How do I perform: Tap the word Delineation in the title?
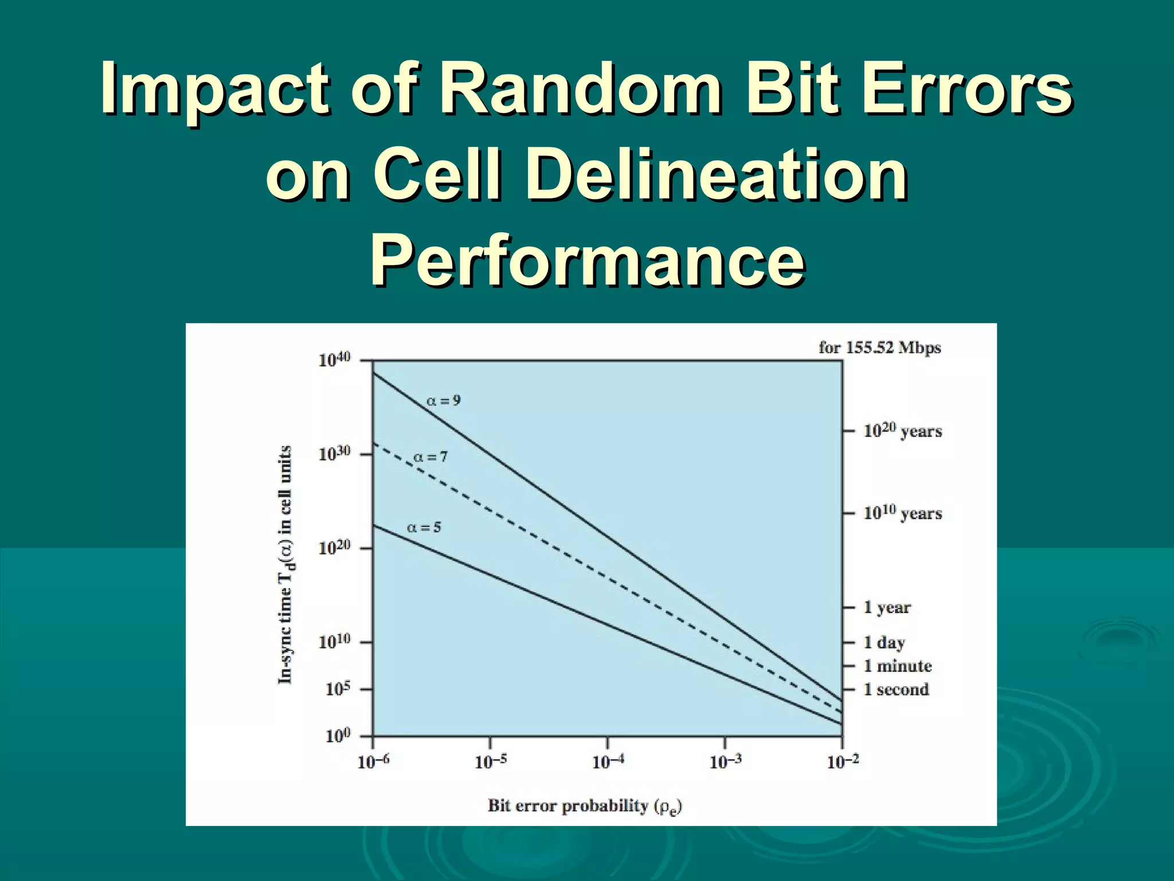click(x=717, y=175)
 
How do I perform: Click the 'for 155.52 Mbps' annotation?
click(x=879, y=348)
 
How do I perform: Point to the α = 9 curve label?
click(x=443, y=401)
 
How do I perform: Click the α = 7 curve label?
click(x=430, y=457)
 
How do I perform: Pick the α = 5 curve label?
click(x=424, y=528)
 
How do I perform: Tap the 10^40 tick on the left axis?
click(x=334, y=360)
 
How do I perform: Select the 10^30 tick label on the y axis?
click(x=334, y=454)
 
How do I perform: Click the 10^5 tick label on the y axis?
click(x=338, y=689)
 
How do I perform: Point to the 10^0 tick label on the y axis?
click(x=338, y=736)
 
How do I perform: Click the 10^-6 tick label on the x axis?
click(x=373, y=762)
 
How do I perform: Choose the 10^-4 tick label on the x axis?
click(x=608, y=762)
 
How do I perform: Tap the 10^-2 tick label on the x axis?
click(x=843, y=762)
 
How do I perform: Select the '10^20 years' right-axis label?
click(x=902, y=431)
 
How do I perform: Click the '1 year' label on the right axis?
click(x=887, y=607)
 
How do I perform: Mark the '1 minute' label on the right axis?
click(x=897, y=666)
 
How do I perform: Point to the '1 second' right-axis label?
click(x=896, y=689)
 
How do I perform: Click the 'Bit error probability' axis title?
click(x=585, y=806)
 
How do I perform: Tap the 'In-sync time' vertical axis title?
click(x=285, y=565)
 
